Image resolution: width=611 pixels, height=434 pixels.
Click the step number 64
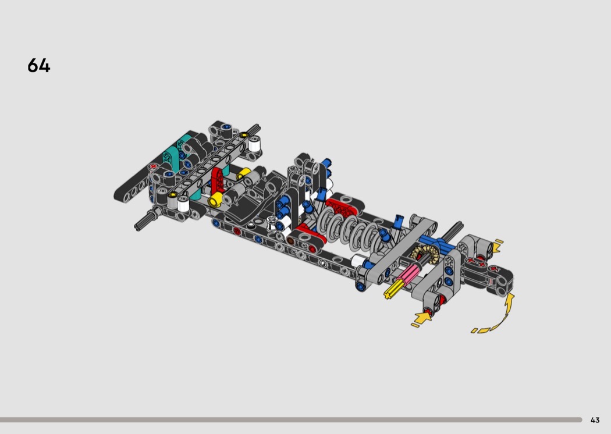click(39, 66)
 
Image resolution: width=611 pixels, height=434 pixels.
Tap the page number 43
click(595, 420)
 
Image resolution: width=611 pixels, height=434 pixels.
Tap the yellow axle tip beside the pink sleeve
click(391, 290)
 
